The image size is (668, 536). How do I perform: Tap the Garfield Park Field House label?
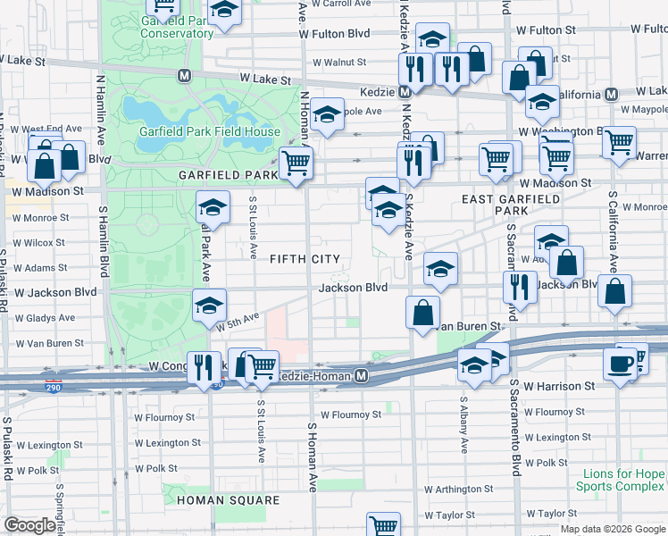209,131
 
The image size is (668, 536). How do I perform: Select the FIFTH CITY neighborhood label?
305,259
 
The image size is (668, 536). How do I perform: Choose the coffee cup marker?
621,364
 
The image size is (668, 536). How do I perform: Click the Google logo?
29,525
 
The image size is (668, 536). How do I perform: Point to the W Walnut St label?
338,63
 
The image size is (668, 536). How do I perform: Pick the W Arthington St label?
459,490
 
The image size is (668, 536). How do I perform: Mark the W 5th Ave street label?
236,322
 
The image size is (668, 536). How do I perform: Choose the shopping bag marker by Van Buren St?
422,312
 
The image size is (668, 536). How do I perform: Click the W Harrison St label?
559,387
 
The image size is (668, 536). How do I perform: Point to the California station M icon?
612,94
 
